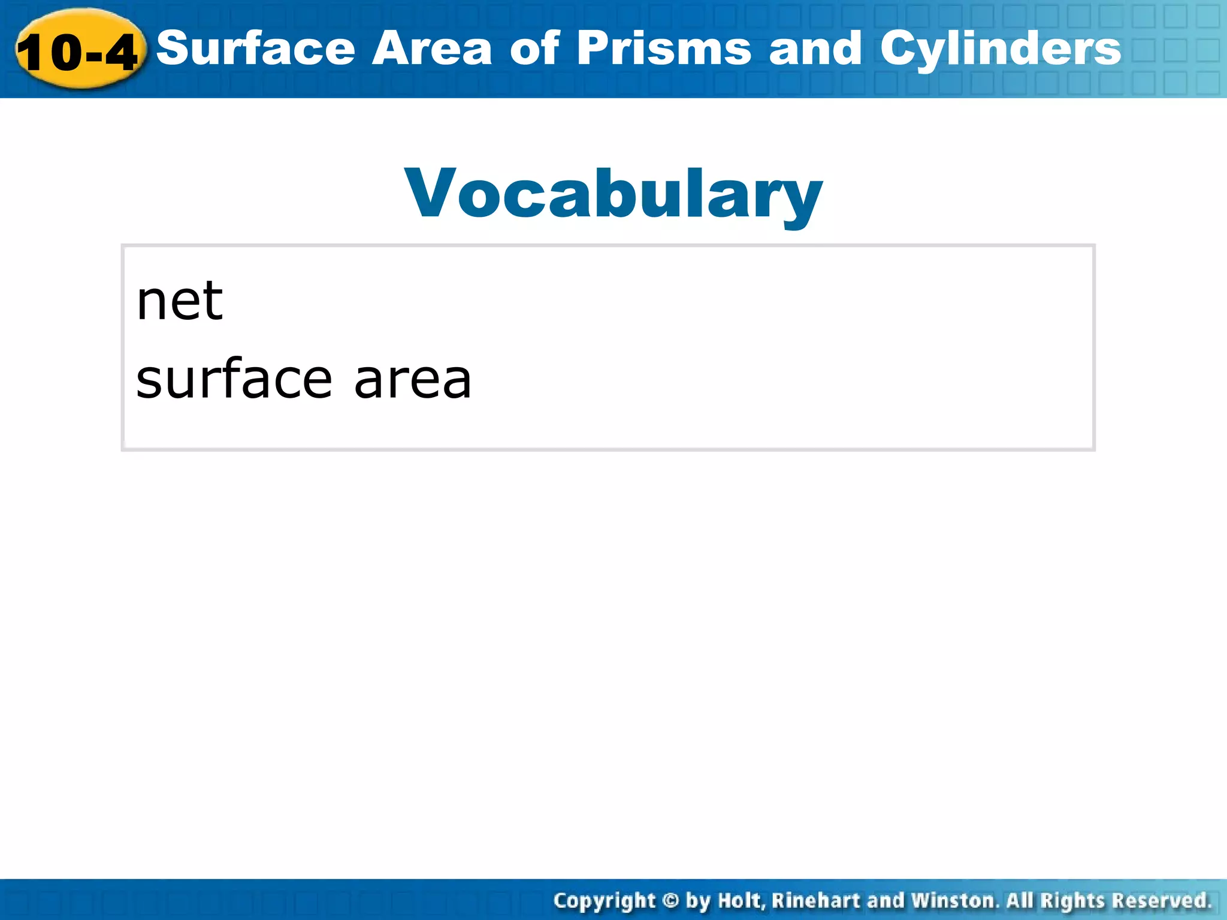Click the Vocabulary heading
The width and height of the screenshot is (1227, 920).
coord(613,193)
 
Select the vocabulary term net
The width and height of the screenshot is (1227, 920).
coord(180,301)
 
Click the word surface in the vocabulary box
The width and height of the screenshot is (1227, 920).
coord(234,379)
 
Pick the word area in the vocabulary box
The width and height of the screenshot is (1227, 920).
coord(413,380)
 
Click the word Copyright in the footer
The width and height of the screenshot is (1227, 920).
coord(604,901)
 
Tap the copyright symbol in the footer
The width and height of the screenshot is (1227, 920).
coord(671,901)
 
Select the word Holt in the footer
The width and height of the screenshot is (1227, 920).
coord(741,900)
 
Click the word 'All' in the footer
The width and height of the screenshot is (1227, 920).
coord(1020,900)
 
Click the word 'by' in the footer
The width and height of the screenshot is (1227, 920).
coord(698,901)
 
